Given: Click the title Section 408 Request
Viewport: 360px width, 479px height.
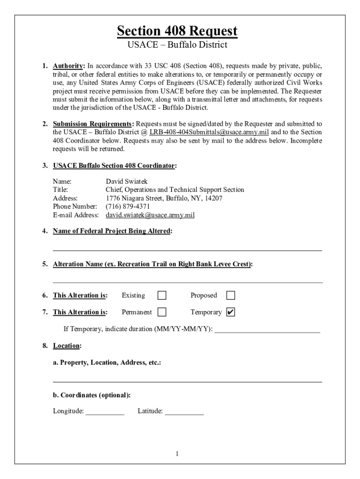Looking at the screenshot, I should pyautogui.click(x=177, y=31).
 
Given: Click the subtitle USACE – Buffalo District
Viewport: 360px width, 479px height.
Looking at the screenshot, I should pyautogui.click(x=177, y=45).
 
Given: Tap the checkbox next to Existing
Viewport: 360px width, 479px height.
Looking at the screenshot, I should pyautogui.click(x=162, y=296).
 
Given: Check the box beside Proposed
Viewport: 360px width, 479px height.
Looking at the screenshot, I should pyautogui.click(x=230, y=296).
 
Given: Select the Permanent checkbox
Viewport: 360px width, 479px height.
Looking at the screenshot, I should pyautogui.click(x=162, y=312).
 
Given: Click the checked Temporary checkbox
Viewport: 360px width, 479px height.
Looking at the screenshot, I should pyautogui.click(x=230, y=312).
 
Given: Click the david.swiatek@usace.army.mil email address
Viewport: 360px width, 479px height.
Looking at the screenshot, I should pyautogui.click(x=150, y=215).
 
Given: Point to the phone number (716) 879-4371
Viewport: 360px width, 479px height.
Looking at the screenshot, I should pyautogui.click(x=128, y=207).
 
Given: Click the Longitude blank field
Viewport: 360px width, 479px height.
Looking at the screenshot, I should pyautogui.click(x=105, y=412).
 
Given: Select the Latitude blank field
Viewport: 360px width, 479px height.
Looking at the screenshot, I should pyautogui.click(x=184, y=412).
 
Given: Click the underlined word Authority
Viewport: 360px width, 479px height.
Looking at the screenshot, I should pyautogui.click(x=68, y=65).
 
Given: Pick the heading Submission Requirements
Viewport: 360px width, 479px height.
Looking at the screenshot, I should pyautogui.click(x=92, y=124).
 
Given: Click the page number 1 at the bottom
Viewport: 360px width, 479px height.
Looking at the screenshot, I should pyautogui.click(x=178, y=454).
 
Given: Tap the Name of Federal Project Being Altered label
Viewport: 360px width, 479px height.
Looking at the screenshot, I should pyautogui.click(x=112, y=232).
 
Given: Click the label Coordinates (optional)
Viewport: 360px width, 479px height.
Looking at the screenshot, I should pyautogui.click(x=92, y=395).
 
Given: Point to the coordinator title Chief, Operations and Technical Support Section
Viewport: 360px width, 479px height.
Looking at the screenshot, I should pyautogui.click(x=174, y=190).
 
